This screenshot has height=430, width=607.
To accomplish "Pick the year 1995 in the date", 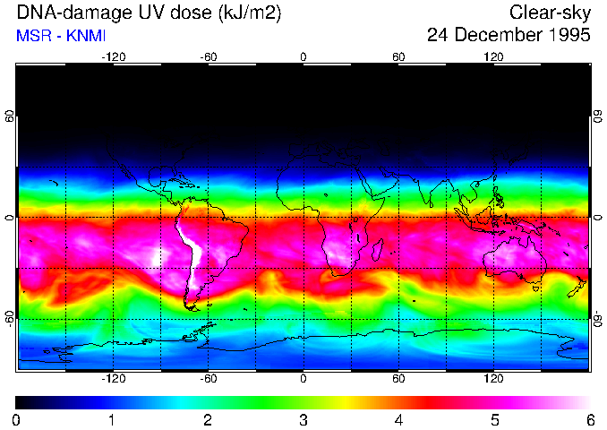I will tap(569, 36).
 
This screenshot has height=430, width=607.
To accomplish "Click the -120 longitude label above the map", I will tap(113, 56).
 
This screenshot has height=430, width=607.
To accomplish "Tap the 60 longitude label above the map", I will tap(398, 56).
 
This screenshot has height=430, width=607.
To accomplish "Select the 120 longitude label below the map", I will tap(493, 379).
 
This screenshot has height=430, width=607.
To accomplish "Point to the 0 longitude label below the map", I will tap(303, 379).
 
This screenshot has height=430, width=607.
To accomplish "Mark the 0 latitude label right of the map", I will tap(597, 218).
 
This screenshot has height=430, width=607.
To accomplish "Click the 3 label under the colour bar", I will tap(303, 419).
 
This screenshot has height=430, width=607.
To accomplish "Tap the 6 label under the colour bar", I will tap(590, 419).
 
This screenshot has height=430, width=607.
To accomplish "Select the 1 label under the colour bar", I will tap(112, 419).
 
